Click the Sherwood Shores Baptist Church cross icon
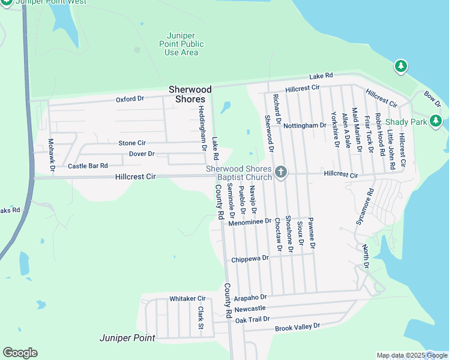tap(280, 173)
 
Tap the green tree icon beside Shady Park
tap(436, 122)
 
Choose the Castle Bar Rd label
tap(88, 166)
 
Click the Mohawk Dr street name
tap(51, 155)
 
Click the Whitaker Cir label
tap(187, 298)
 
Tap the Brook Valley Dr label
tap(298, 327)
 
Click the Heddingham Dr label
tap(202, 129)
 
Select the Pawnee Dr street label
tap(312, 233)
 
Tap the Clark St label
tap(200, 317)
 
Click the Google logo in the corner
tap(20, 353)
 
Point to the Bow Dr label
tap(432, 99)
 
